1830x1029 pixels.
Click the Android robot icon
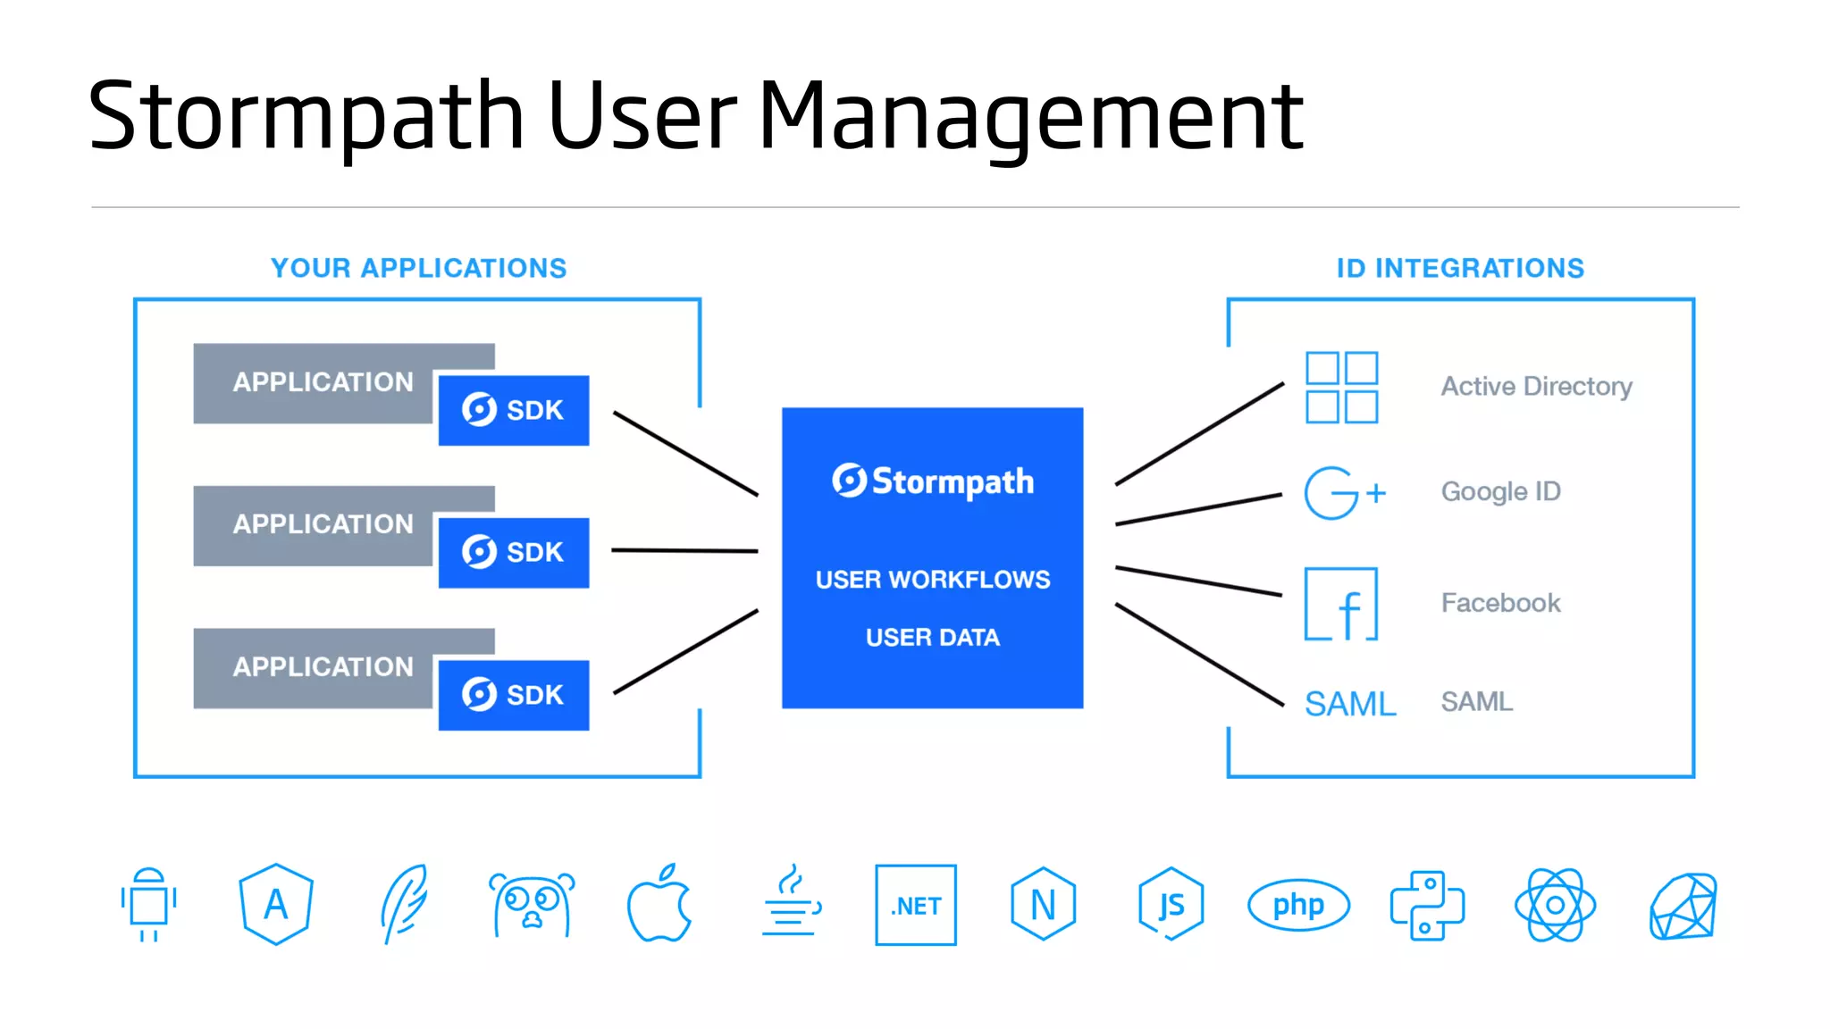[x=148, y=904]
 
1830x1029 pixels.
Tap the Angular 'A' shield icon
[x=276, y=904]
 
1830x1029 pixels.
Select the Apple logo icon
[x=659, y=904]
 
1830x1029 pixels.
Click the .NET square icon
[x=916, y=905]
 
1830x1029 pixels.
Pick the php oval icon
[x=1298, y=905]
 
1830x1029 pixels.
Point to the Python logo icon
[x=1427, y=905]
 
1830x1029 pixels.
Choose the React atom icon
[x=1555, y=905]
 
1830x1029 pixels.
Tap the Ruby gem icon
[x=1683, y=906]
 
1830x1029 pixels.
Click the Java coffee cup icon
[x=790, y=902]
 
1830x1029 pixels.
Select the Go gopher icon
[x=532, y=904]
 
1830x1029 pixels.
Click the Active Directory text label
[x=1536, y=386]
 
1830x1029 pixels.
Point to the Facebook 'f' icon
[x=1341, y=604]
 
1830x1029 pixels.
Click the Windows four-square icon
[x=1341, y=387]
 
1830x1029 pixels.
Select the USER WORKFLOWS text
[x=933, y=580]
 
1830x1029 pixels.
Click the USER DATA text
[x=933, y=637]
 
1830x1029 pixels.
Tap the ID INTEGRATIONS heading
[x=1460, y=268]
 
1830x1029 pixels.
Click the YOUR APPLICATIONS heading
[x=418, y=268]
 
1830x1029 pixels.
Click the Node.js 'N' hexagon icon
[x=1043, y=904]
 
